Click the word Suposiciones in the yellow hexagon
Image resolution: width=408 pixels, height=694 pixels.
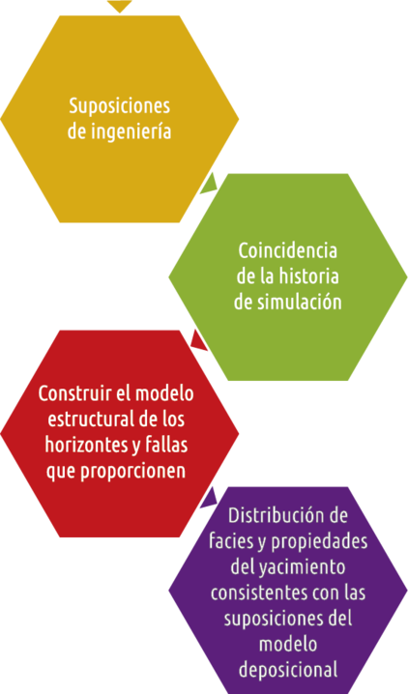coord(120,107)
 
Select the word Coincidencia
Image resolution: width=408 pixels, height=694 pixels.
coord(288,251)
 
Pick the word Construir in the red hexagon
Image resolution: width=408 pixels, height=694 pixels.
coord(74,393)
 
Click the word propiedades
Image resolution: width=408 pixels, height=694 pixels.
coord(319,541)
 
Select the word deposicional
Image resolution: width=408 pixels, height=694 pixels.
coord(288,670)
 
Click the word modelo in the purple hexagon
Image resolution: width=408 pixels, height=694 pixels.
coord(288,644)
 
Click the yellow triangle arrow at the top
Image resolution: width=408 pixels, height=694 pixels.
coord(120,5)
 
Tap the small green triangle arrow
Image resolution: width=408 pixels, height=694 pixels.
coord(209,185)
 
